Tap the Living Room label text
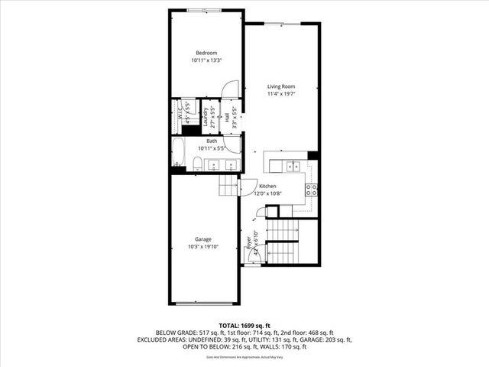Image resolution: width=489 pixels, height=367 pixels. click(x=281, y=87)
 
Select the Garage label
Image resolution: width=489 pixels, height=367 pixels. click(x=203, y=239)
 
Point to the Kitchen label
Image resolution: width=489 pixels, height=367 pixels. click(x=267, y=187)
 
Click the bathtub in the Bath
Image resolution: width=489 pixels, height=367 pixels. click(x=179, y=153)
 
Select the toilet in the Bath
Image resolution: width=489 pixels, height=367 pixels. click(x=196, y=162)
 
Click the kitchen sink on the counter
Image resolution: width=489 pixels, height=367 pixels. click(x=293, y=166)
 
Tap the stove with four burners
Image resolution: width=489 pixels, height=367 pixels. click(x=311, y=190)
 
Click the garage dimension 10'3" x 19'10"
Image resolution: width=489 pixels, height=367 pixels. click(x=203, y=247)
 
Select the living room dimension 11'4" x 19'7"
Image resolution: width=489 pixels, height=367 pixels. click(x=281, y=95)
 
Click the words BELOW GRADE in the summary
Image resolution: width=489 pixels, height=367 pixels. click(x=173, y=333)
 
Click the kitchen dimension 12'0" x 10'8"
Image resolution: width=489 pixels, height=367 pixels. click(x=267, y=193)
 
